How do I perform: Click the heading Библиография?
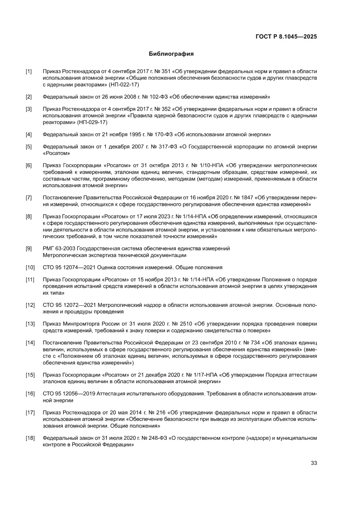coord(171,54)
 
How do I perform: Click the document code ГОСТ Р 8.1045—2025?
coord(286,37)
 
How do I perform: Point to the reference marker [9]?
coord(29,248)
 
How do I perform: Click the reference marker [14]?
coord(30,343)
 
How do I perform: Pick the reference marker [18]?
coord(30,438)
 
